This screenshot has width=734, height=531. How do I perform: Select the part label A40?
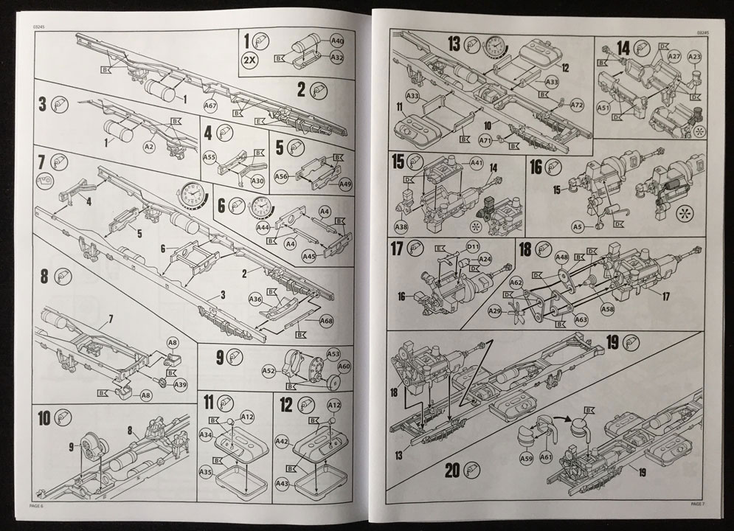337,42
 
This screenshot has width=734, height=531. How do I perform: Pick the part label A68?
327,321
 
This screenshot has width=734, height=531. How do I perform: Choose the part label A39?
181,384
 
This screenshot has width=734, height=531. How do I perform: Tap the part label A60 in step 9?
344,366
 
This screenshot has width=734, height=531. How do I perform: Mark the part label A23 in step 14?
694,56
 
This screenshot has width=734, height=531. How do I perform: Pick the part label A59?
526,458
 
